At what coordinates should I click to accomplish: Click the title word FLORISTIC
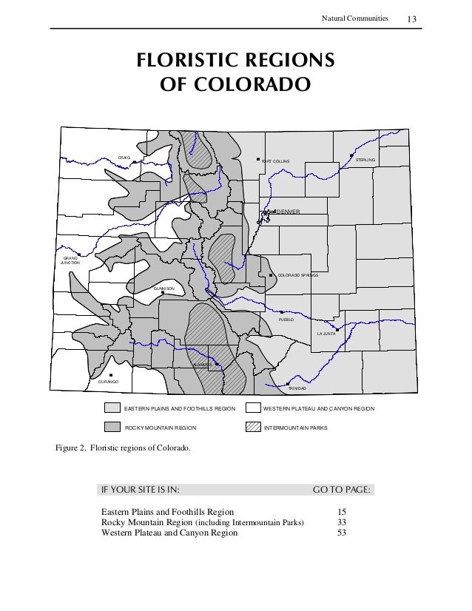point(181,60)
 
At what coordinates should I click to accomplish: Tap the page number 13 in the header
point(414,17)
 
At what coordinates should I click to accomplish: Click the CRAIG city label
point(124,158)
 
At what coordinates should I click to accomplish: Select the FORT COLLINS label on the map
point(276,161)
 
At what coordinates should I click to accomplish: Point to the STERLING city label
point(365,160)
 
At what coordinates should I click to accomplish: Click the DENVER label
point(288,212)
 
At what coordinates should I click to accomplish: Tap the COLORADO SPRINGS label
point(297,274)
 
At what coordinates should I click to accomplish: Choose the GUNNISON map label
point(163,288)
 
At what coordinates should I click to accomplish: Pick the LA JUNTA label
point(326,334)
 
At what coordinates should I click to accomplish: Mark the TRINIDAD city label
point(297,388)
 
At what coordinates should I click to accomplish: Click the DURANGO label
point(108,382)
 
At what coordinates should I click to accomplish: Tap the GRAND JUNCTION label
point(70,260)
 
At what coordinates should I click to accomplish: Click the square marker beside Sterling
point(351,155)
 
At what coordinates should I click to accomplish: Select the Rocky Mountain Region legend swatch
point(112,428)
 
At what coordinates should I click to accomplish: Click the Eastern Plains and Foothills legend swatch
point(112,408)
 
